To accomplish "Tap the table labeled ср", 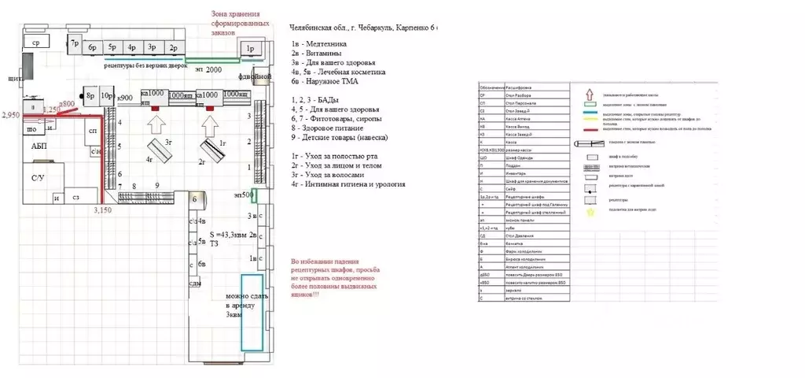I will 36,42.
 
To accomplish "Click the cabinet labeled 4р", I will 132,47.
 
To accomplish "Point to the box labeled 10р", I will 105,96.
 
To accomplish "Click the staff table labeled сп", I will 93,131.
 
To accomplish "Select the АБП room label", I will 39,147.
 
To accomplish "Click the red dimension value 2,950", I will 10,116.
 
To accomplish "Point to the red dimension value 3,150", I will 102,210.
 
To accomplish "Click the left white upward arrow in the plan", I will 156,124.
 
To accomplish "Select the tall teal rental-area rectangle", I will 252,313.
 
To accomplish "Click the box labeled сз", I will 77,197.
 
